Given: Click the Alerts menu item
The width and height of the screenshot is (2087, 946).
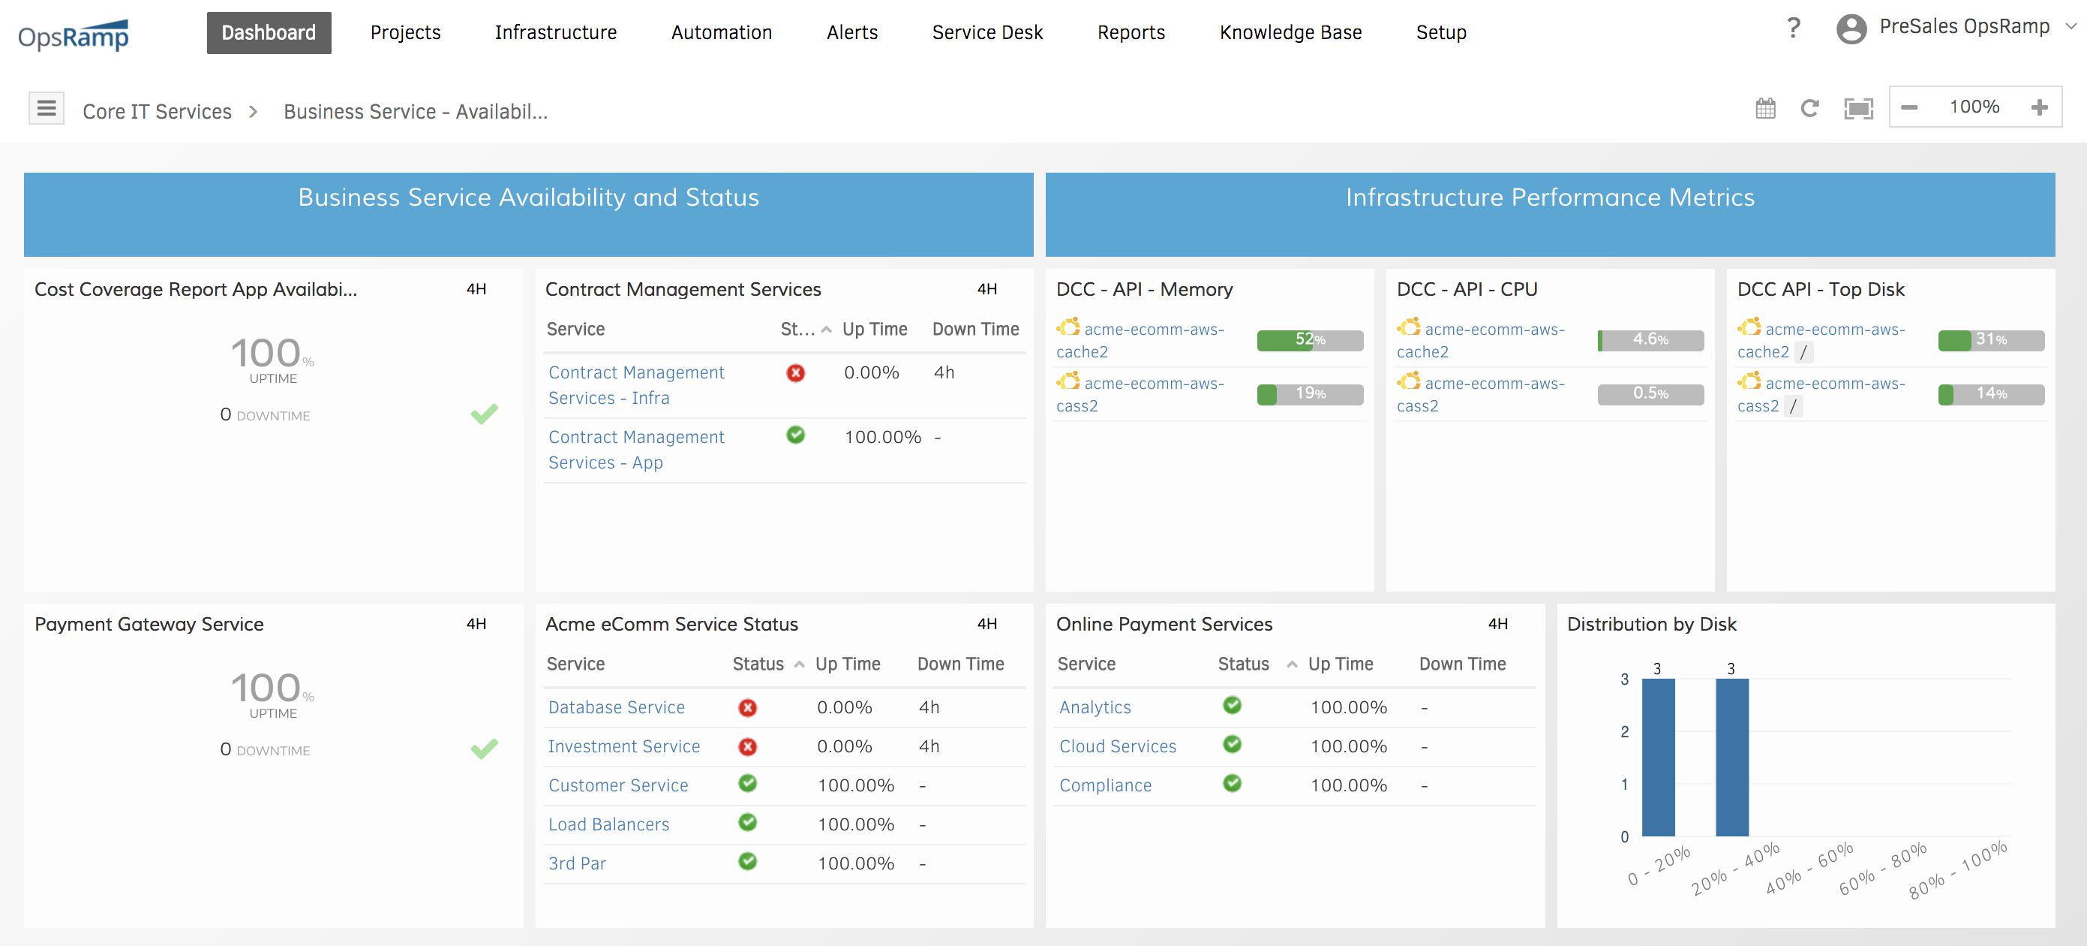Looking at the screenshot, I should pyautogui.click(x=851, y=32).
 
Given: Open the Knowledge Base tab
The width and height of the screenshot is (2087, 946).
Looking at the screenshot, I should pyautogui.click(x=1290, y=32).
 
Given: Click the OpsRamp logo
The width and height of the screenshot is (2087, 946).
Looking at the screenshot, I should pyautogui.click(x=74, y=35).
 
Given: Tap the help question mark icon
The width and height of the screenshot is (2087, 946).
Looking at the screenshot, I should pyautogui.click(x=1793, y=29).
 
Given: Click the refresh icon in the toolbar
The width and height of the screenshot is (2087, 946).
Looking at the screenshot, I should pyautogui.click(x=1809, y=108).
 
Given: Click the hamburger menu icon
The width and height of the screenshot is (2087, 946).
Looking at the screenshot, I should pyautogui.click(x=47, y=108).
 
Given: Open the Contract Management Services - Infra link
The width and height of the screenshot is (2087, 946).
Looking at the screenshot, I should pyautogui.click(x=636, y=385).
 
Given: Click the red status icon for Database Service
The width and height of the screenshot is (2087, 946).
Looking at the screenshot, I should pyautogui.click(x=747, y=708).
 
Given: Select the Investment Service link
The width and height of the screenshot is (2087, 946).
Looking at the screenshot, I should pyautogui.click(x=624, y=746).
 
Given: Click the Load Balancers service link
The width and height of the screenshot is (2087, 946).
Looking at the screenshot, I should pyautogui.click(x=608, y=824).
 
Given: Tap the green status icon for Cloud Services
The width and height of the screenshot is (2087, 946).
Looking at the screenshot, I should pyautogui.click(x=1232, y=744).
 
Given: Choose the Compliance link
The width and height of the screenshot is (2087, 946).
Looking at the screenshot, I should pyautogui.click(x=1105, y=785).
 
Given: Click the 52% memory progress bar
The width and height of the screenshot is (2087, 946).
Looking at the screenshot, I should pyautogui.click(x=1309, y=339).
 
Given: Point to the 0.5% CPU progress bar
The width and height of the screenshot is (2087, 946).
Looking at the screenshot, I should pyautogui.click(x=1650, y=394).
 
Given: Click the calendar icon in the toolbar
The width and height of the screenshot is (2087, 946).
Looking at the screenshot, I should pyautogui.click(x=1765, y=108).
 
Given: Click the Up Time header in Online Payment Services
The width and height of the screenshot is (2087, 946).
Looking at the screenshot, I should pyautogui.click(x=1340, y=664).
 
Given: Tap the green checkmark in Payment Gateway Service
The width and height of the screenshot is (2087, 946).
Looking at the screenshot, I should pyautogui.click(x=484, y=749).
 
